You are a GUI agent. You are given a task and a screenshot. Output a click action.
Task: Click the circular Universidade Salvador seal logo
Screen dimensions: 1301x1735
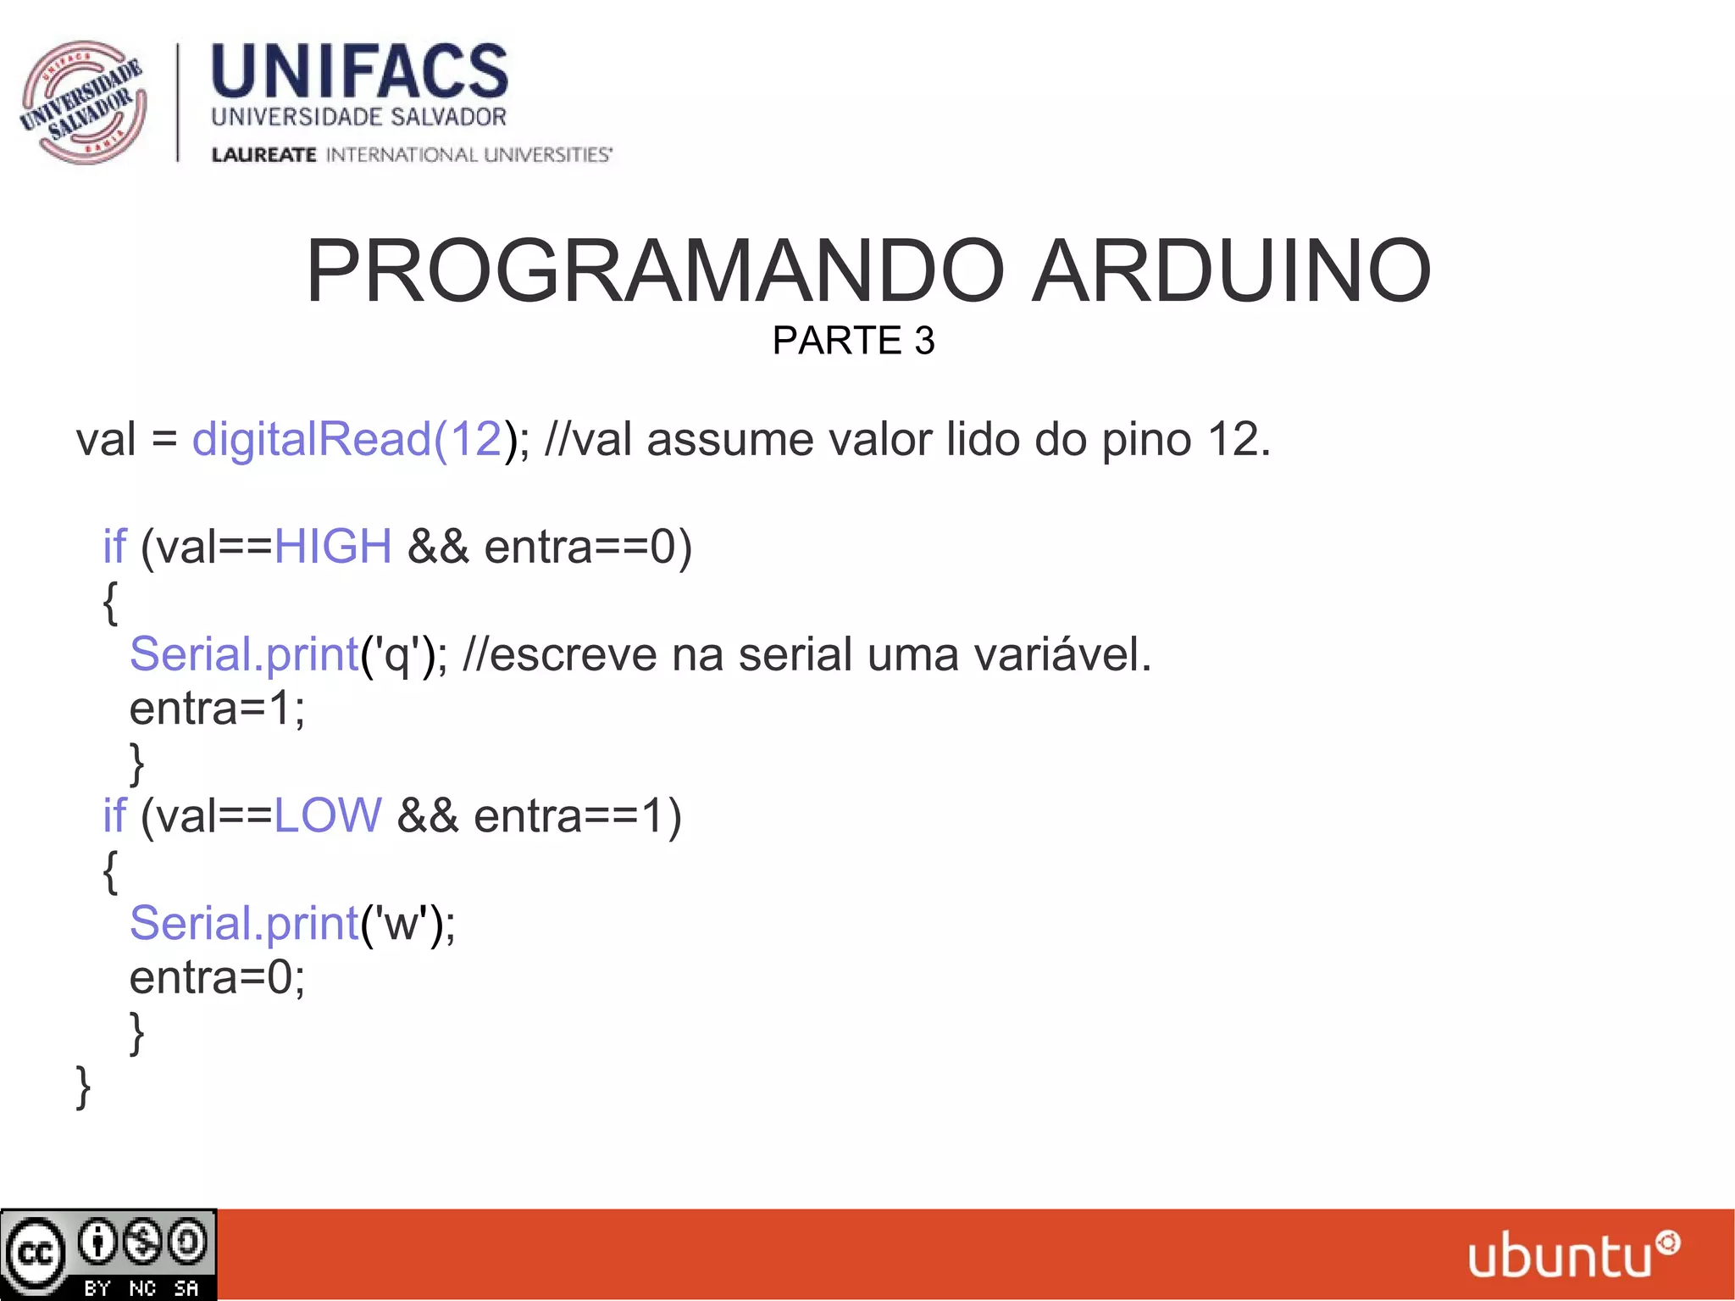[x=83, y=102]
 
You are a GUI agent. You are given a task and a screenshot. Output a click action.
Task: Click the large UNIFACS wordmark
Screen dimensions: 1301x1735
[x=359, y=71]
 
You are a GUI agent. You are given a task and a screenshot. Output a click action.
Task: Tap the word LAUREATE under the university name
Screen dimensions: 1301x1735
[x=263, y=154]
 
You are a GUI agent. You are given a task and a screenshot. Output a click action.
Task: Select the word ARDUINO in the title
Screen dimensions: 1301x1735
[x=1231, y=271]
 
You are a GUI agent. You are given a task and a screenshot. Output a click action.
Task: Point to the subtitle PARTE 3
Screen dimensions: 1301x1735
[x=853, y=341]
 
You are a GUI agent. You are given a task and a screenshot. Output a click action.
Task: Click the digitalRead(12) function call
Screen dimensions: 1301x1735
[x=347, y=439]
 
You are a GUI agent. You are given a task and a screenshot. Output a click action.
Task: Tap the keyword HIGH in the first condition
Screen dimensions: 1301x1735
[x=333, y=546]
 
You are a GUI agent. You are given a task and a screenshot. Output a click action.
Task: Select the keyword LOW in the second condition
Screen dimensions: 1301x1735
[x=328, y=815]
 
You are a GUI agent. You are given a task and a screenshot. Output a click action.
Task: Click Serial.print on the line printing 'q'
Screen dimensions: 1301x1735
[x=244, y=654]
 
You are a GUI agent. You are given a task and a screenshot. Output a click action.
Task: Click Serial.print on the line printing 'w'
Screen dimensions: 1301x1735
[x=244, y=923]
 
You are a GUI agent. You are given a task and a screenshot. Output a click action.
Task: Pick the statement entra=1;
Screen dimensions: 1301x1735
[x=217, y=709]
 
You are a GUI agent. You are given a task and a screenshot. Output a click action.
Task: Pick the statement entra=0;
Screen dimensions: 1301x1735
[x=217, y=977]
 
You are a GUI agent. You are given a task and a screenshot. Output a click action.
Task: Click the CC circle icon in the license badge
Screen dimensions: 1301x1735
[x=36, y=1253]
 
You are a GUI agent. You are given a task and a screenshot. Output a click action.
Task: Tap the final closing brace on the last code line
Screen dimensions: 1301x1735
[x=83, y=1087]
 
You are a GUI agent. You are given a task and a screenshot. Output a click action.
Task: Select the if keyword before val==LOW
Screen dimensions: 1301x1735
[x=114, y=815]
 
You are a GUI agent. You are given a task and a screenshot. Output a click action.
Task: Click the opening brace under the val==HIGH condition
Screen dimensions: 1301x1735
[x=110, y=603]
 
